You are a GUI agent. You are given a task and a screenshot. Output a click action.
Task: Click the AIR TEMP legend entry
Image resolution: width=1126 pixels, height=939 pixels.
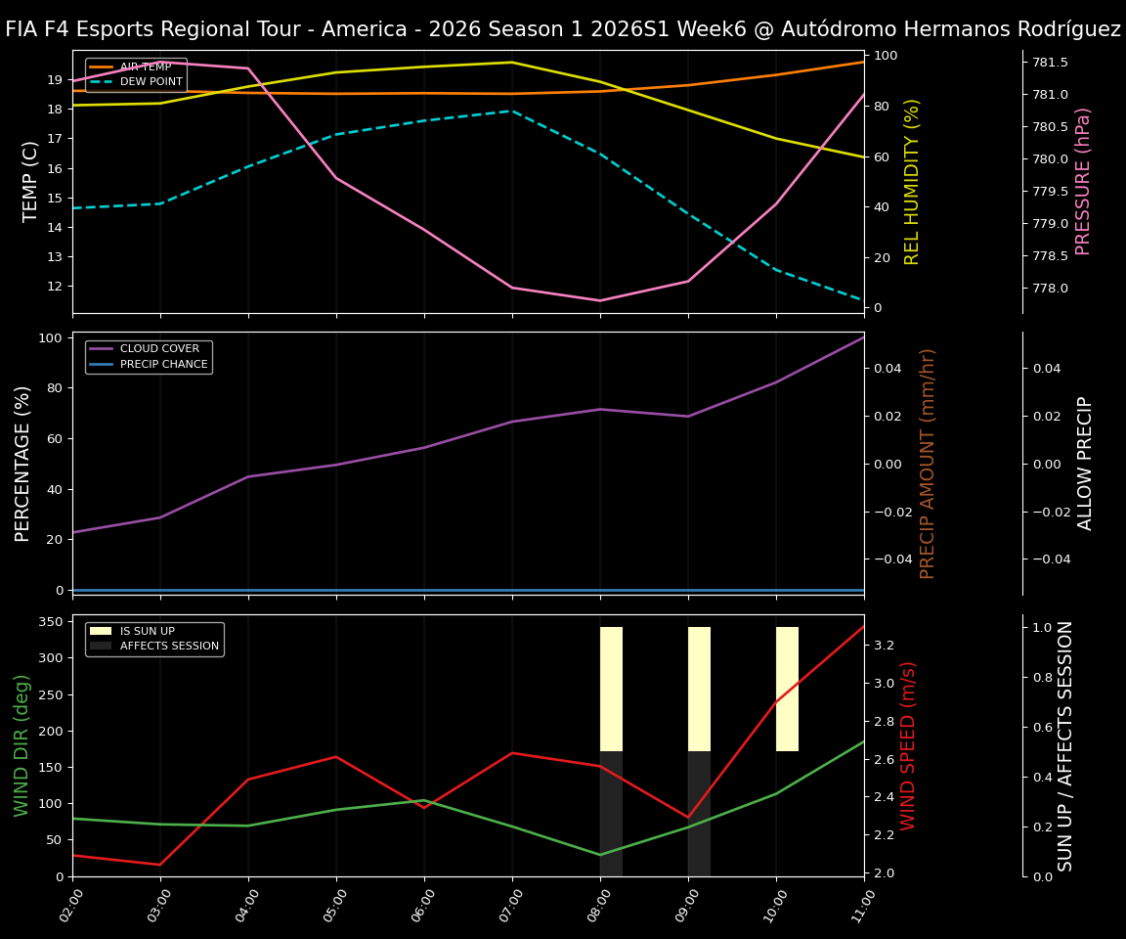145,67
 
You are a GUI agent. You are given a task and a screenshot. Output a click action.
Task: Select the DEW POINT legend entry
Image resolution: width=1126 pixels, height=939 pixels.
151,82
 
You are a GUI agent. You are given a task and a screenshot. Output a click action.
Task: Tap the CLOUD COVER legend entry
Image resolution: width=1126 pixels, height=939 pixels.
159,349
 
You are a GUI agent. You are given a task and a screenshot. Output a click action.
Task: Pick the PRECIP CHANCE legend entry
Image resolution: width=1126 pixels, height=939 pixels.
163,365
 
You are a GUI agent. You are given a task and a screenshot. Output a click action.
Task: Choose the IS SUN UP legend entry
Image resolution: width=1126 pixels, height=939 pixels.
147,631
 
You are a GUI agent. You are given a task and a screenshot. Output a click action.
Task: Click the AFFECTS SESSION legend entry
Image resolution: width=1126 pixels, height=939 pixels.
169,646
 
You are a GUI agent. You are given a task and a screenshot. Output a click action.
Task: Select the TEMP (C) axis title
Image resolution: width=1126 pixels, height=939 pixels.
31,181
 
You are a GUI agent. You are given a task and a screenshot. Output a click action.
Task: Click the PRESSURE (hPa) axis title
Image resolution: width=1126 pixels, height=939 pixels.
1083,181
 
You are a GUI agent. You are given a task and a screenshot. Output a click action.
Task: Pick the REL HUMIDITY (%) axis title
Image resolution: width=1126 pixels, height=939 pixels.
913,181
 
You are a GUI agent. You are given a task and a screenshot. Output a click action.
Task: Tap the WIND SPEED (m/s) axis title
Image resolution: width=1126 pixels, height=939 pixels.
909,745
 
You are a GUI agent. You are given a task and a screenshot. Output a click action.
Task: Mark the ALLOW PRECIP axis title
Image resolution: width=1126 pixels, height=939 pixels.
1085,463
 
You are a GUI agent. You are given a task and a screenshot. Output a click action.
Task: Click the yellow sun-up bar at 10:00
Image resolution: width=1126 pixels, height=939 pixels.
787,689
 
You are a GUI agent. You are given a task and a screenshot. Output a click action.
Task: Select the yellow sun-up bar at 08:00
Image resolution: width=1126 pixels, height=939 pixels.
611,689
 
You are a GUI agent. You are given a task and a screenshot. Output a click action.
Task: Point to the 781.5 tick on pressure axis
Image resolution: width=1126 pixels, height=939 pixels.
1050,63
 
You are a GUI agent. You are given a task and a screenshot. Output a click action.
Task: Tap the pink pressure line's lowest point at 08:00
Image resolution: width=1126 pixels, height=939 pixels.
600,300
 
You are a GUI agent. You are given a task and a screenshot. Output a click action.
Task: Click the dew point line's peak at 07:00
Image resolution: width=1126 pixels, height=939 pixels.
512,111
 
